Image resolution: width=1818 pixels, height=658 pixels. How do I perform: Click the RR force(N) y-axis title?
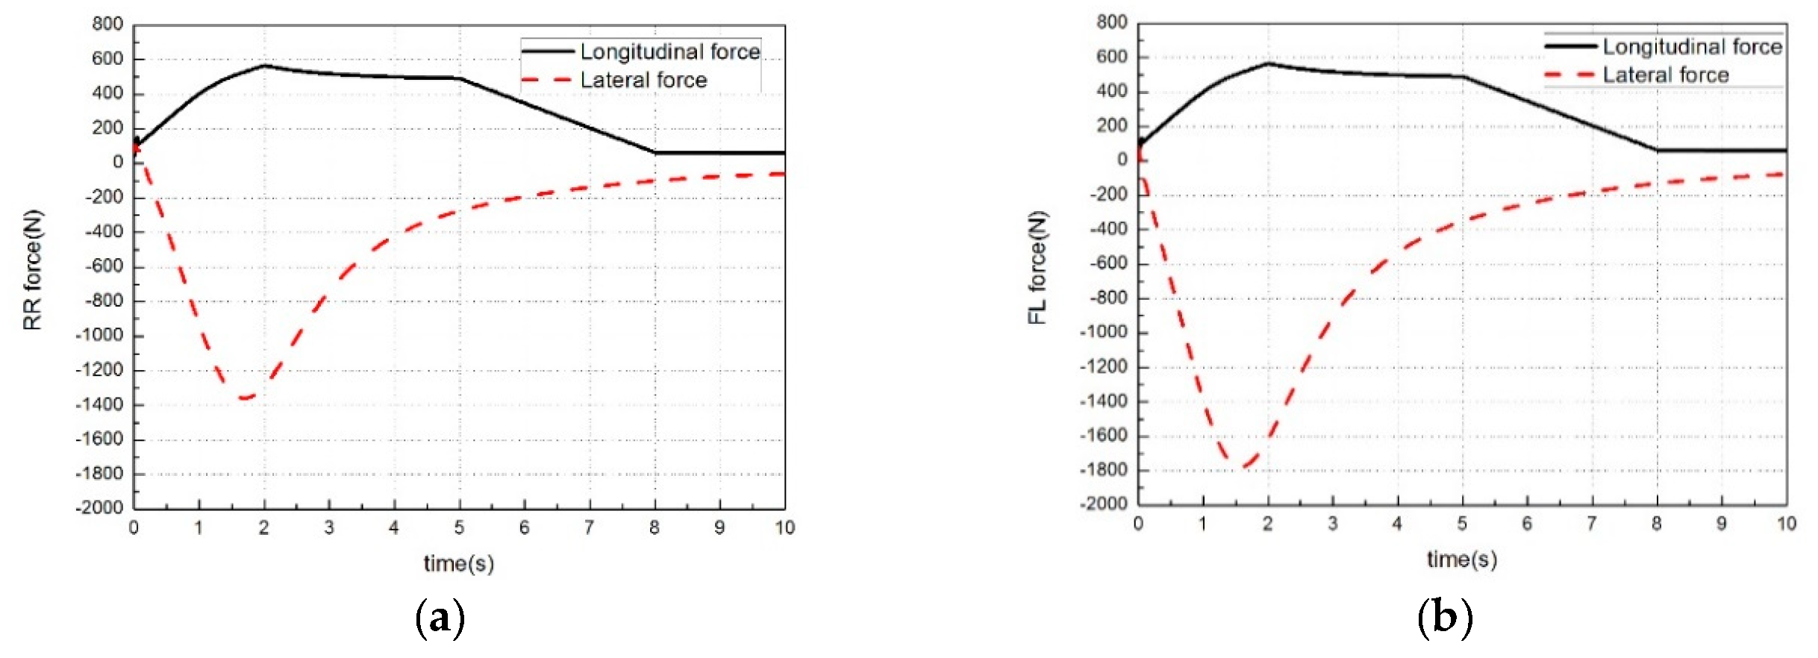pyautogui.click(x=34, y=269)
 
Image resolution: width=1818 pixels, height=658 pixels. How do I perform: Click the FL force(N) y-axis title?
pyautogui.click(x=1038, y=267)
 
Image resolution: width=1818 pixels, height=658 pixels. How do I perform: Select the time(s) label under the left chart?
pyautogui.click(x=458, y=563)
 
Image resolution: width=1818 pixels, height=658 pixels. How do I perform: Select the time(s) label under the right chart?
pyautogui.click(x=1461, y=559)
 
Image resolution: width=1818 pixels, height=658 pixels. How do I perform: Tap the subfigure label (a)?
pyautogui.click(x=440, y=618)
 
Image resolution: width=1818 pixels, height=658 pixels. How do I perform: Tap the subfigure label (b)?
pyautogui.click(x=1445, y=618)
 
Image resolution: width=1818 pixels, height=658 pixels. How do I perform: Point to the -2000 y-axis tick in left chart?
pyautogui.click(x=99, y=507)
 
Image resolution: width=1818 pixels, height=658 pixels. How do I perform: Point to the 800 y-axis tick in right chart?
pyautogui.click(x=1112, y=22)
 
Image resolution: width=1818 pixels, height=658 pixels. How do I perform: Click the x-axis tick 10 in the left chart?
pyautogui.click(x=784, y=527)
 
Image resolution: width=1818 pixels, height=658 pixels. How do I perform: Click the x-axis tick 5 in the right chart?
pyautogui.click(x=1461, y=524)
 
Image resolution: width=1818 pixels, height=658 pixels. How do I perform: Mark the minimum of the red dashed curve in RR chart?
pyautogui.click(x=243, y=398)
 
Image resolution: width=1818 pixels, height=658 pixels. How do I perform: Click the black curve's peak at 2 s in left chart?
pyautogui.click(x=263, y=66)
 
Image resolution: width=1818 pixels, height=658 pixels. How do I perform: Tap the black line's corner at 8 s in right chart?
pyautogui.click(x=1657, y=150)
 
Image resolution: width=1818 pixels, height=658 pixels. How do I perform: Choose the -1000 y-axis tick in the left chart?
pyautogui.click(x=99, y=335)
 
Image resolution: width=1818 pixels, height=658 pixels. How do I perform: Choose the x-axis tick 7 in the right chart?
pyautogui.click(x=1591, y=524)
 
